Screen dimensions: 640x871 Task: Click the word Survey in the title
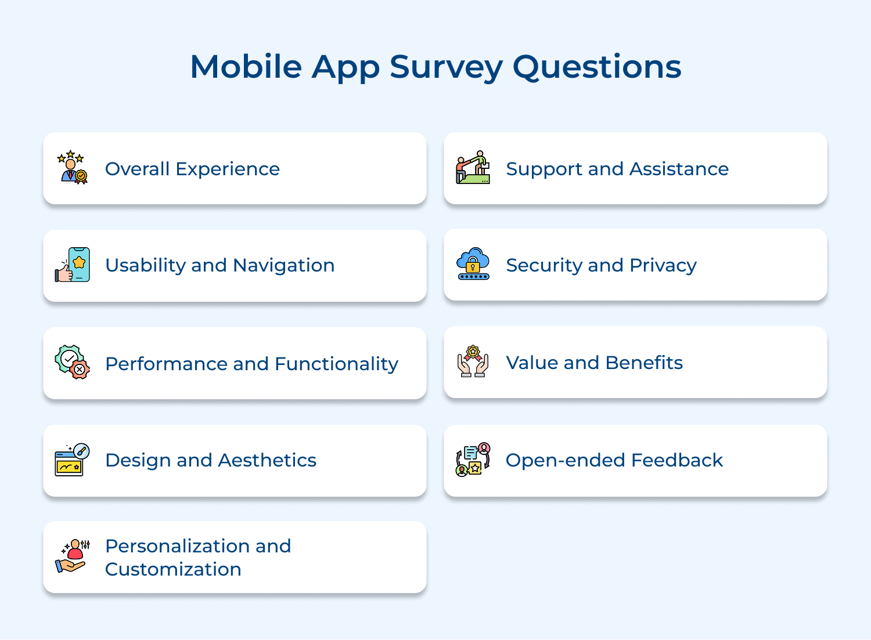tap(446, 67)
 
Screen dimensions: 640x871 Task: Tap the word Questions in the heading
tap(597, 67)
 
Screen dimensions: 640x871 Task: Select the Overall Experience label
tap(192, 169)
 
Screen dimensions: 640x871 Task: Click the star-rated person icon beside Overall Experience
tap(72, 167)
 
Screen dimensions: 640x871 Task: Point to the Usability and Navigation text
tap(219, 265)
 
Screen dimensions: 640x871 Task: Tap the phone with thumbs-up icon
tap(73, 265)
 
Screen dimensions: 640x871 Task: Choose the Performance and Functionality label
tap(251, 364)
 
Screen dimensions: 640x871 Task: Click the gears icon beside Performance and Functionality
tap(73, 362)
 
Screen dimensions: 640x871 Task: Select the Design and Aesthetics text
tap(210, 460)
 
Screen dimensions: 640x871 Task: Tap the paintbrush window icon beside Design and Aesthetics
tap(72, 460)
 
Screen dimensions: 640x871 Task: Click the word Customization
tap(173, 569)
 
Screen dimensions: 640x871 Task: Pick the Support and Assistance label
tap(617, 169)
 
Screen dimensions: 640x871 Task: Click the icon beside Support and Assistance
tap(473, 168)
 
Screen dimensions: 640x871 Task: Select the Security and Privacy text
tap(601, 265)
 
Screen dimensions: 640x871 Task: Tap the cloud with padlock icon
tap(473, 264)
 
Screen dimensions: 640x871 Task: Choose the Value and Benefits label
tap(594, 363)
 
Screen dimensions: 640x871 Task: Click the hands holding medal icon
tap(473, 361)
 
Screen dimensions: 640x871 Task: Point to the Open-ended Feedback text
tap(614, 460)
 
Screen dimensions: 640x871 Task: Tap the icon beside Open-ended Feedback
tap(473, 460)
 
